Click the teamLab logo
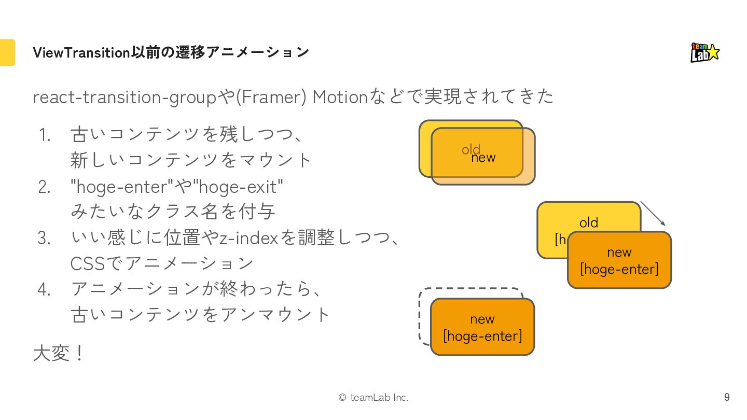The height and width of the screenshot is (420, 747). [705, 52]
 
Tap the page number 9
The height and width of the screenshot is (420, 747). [727, 397]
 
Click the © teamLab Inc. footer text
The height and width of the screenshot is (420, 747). [373, 397]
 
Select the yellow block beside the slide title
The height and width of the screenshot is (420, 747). [7, 52]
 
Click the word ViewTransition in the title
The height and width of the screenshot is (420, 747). [81, 52]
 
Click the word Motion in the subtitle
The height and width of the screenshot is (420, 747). [340, 97]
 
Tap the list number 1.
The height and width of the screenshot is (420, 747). [45, 135]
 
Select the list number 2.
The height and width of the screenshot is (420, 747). [45, 187]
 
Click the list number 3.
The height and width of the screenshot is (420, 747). [45, 238]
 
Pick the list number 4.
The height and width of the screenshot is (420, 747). [45, 289]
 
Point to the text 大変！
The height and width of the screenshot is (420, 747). [58, 354]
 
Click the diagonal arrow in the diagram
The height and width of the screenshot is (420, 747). [653, 213]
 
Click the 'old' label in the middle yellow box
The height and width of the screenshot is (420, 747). [589, 222]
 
